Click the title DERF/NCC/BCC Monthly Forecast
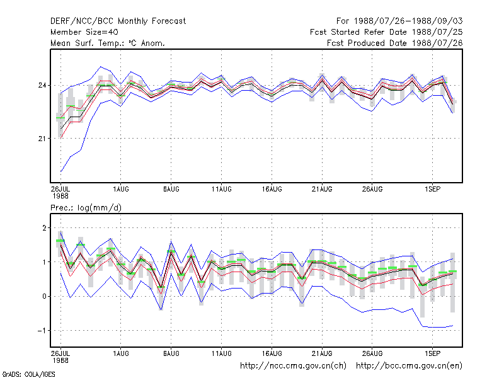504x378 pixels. click(118, 21)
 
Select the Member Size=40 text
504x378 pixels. click(84, 32)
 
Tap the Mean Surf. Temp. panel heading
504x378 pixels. click(108, 43)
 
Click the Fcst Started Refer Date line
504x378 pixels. click(386, 32)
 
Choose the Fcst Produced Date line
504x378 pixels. click(395, 43)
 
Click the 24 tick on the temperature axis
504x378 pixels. click(42, 85)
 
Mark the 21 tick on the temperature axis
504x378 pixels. click(42, 139)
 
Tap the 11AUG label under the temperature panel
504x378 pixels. click(222, 189)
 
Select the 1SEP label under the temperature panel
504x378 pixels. click(432, 189)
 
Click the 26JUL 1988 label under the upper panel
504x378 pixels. click(60, 192)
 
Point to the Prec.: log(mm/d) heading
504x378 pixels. click(86, 208)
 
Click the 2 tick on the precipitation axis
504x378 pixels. click(44, 228)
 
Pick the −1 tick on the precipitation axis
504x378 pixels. click(42, 330)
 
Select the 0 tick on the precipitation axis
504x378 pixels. click(44, 296)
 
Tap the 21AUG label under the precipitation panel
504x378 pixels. click(322, 353)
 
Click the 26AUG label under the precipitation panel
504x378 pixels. click(372, 353)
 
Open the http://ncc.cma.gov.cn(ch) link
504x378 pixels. click(293, 366)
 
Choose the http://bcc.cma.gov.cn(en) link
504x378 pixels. click(409, 366)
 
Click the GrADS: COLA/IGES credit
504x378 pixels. click(28, 374)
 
